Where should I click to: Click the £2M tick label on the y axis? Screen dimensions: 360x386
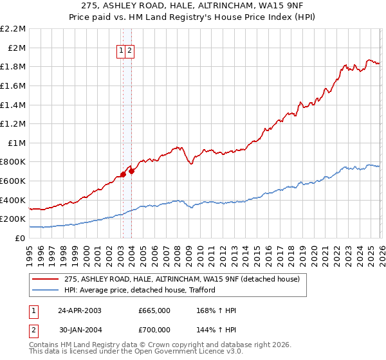click(x=17, y=48)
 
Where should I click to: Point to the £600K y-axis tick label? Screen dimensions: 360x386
click(x=14, y=181)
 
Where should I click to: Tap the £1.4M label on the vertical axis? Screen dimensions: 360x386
click(x=14, y=105)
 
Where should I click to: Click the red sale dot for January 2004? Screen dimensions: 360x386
click(x=131, y=171)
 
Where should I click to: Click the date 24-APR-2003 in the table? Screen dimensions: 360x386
click(x=80, y=310)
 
